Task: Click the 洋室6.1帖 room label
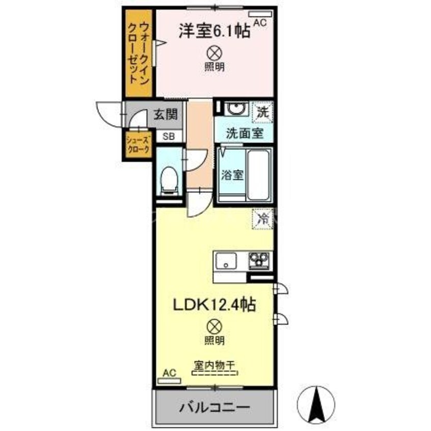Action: coord(213,32)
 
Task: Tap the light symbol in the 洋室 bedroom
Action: coord(214,52)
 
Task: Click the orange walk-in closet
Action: coord(139,53)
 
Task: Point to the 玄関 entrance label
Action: coord(163,115)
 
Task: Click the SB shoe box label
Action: coord(168,137)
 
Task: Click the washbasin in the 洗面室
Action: coord(235,109)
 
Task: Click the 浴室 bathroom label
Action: coord(232,175)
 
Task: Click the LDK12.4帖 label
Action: coord(213,305)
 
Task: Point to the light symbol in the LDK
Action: coord(215,325)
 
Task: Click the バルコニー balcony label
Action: coord(214,408)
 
